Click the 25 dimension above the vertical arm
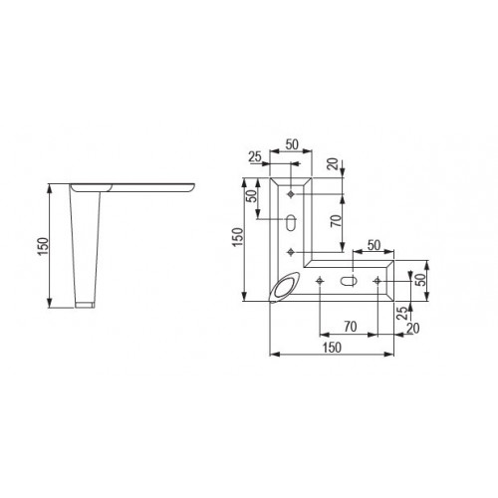point(255,156)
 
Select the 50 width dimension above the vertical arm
point(292,143)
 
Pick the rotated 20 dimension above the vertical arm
point(331,162)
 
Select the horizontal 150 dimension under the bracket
point(331,347)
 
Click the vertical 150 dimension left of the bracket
point(236,240)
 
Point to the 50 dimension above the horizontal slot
point(374,243)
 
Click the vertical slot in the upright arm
point(291,221)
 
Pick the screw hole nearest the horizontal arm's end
point(377,283)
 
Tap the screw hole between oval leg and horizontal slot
point(318,283)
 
